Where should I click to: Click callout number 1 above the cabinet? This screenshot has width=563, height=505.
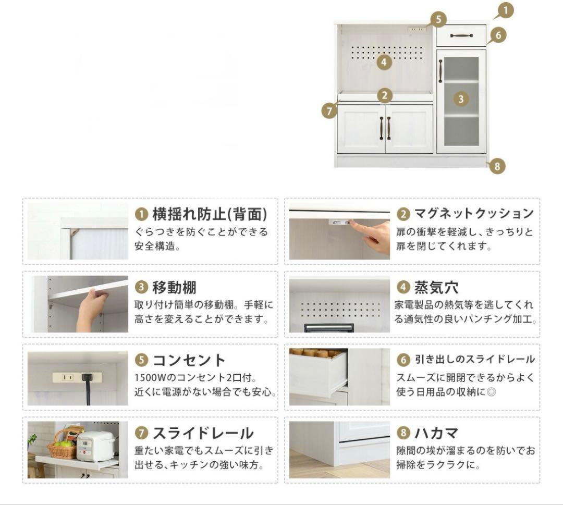click(506, 10)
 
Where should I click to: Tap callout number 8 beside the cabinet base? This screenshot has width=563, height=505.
click(497, 166)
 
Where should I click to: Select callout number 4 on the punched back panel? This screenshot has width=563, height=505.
click(384, 62)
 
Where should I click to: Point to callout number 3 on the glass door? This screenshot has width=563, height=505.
click(461, 99)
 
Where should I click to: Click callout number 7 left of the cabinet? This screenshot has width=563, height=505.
click(329, 110)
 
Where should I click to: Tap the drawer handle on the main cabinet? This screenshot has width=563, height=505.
click(461, 35)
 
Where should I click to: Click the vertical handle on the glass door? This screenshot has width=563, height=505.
click(440, 71)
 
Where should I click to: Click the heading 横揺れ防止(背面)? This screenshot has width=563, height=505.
click(210, 214)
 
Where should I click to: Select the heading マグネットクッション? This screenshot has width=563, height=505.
click(474, 214)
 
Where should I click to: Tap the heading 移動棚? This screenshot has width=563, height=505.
click(175, 287)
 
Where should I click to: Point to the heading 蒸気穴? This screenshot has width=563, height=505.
click(436, 287)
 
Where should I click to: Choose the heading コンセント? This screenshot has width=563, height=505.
click(189, 360)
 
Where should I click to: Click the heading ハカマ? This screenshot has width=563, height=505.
click(437, 433)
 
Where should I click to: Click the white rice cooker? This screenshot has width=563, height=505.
click(96, 446)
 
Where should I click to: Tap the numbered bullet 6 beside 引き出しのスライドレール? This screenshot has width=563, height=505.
click(403, 360)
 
